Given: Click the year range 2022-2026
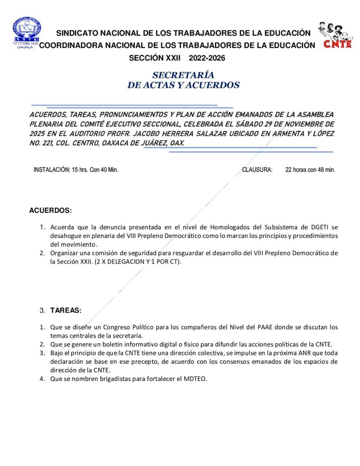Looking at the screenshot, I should tap(207, 58).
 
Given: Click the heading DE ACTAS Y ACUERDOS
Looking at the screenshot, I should tap(183, 85).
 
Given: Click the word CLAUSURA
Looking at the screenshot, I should tap(257, 170).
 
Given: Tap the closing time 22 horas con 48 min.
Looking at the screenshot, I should tap(310, 170).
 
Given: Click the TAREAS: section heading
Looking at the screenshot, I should tap(66, 310).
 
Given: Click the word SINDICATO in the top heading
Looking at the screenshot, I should tap(79, 33).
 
